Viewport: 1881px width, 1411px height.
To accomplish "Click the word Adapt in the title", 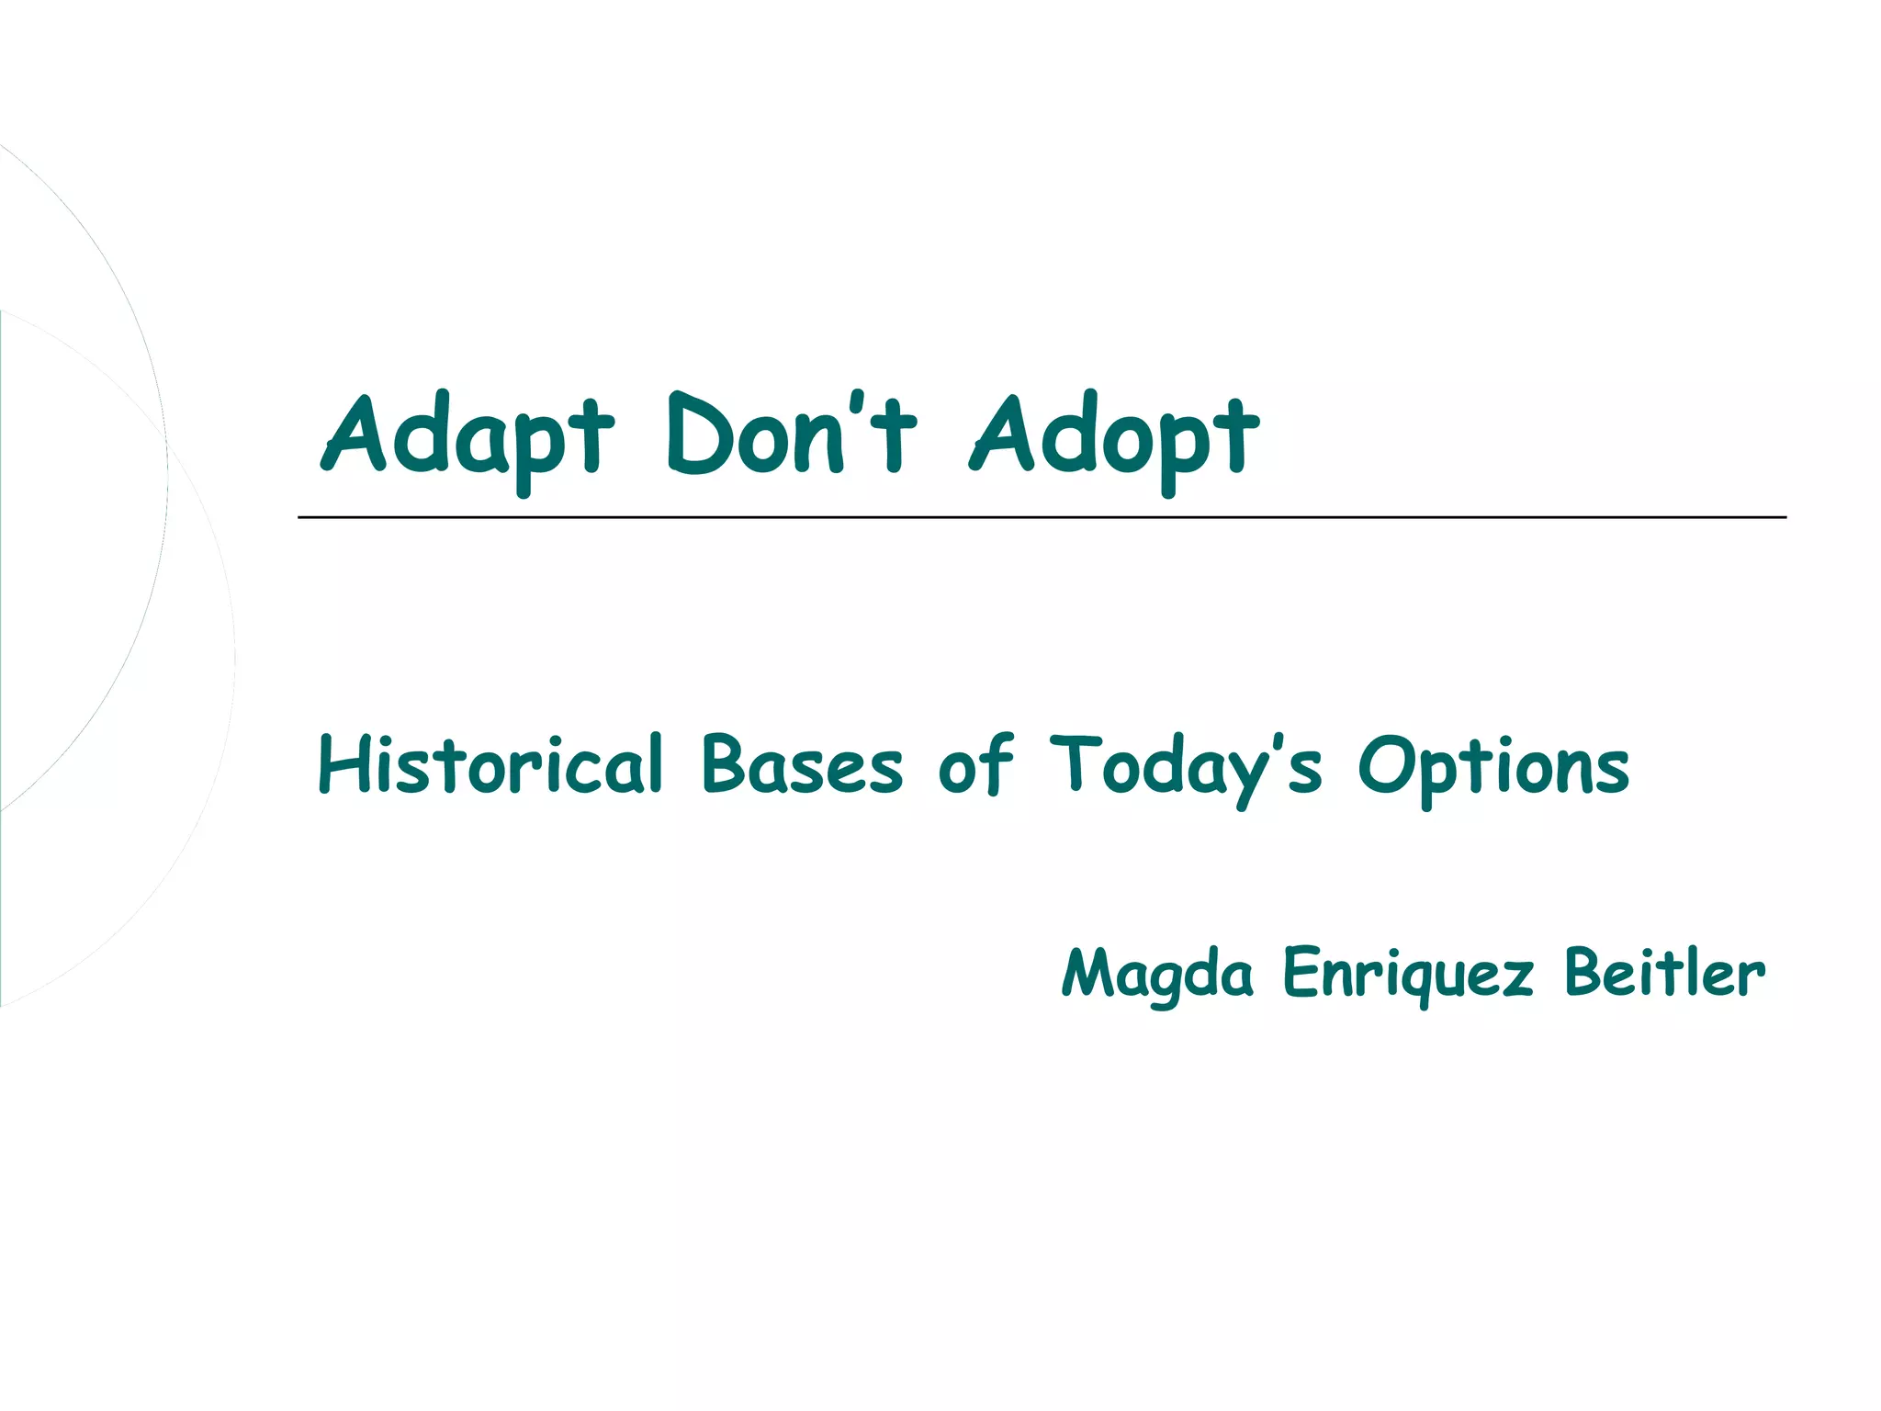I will (x=467, y=436).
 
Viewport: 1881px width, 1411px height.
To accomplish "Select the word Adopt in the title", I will (x=1114, y=436).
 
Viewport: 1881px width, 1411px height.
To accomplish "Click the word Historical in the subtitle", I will (x=490, y=765).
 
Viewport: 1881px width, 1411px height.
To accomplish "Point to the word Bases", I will (x=802, y=765).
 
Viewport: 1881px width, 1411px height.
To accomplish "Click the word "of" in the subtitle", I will (x=975, y=765).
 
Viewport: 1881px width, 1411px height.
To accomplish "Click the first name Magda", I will (x=1157, y=974).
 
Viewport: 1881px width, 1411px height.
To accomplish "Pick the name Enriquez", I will (x=1408, y=974).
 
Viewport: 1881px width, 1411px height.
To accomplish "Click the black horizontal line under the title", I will (x=1042, y=517).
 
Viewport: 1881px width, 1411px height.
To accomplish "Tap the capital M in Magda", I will (x=1093, y=972).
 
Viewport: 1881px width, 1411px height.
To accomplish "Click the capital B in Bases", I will (x=726, y=764).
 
